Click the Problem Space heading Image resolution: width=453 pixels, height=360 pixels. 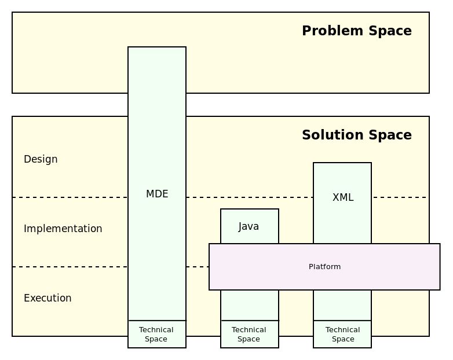point(356,31)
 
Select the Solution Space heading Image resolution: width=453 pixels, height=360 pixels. point(356,135)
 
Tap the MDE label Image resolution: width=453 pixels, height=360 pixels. point(157,194)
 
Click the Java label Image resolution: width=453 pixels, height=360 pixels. point(249,226)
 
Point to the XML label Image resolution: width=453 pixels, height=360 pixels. point(342,197)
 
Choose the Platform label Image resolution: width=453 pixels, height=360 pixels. point(324,267)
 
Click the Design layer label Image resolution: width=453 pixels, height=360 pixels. point(41,159)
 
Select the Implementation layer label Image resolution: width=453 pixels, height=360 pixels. point(63,229)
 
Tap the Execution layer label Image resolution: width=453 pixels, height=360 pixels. point(48,298)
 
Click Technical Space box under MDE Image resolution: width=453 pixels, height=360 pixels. point(156,335)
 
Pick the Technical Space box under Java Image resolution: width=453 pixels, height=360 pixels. point(249,335)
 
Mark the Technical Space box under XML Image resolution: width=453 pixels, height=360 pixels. point(342,335)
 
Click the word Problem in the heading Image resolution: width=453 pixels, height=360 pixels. point(326,31)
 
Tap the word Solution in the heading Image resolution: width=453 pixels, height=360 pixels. point(326,135)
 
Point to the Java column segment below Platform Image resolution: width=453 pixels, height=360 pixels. point(250,305)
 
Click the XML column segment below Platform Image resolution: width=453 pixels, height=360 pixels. point(342,305)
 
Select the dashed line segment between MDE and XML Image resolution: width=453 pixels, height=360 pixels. point(249,197)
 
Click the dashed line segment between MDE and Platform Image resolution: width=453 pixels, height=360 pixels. point(198,267)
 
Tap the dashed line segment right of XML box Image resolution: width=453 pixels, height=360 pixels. point(400,197)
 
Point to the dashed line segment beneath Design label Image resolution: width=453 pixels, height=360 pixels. point(70,197)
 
